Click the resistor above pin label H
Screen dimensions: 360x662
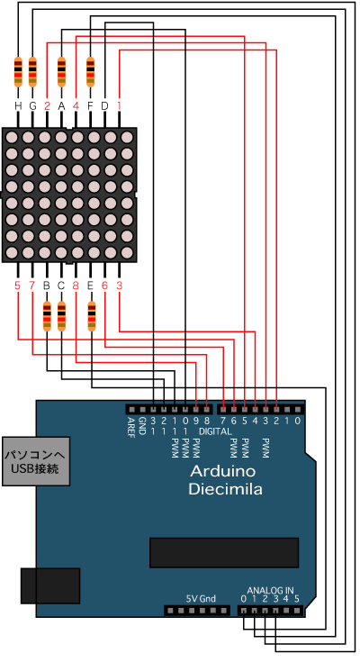tap(18, 72)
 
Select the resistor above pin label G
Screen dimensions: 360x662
tap(32, 72)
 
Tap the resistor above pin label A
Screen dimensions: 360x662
tap(61, 72)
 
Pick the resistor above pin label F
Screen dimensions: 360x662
tap(90, 72)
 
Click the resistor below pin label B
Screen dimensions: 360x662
tap(47, 316)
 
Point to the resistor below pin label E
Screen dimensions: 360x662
tap(91, 316)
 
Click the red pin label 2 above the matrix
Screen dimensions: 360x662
tap(47, 106)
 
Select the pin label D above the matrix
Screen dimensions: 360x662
tap(104, 106)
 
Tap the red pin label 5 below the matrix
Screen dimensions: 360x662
tap(17, 286)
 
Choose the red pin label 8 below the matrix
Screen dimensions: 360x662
tap(76, 286)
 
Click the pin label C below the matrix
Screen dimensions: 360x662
tap(61, 286)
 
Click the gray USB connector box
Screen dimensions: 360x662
tap(36, 461)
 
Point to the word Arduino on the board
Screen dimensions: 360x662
tap(223, 470)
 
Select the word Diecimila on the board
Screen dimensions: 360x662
tap(225, 489)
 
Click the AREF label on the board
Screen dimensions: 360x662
tap(131, 427)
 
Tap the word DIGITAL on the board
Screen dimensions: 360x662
tap(215, 431)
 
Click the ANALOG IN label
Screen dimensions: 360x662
tap(270, 590)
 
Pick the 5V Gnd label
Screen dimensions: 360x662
tap(201, 598)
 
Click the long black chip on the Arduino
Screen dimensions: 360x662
tap(224, 552)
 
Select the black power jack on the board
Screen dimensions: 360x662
tap(50, 585)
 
